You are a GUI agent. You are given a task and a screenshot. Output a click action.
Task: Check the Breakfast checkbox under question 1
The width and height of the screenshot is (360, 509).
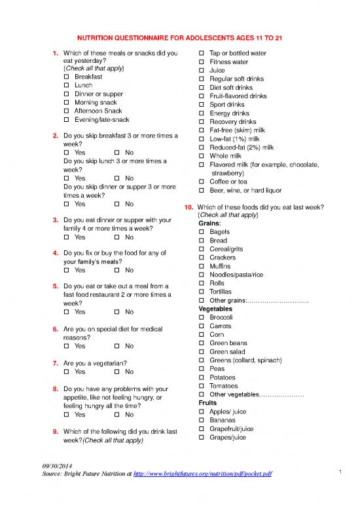(x=66, y=77)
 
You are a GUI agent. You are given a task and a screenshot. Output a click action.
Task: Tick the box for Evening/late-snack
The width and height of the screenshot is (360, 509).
(x=66, y=120)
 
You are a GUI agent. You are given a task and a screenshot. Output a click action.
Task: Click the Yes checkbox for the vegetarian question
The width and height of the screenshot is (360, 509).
(x=66, y=371)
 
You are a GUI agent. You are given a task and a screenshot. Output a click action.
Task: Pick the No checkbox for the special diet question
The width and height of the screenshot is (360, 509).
(x=117, y=346)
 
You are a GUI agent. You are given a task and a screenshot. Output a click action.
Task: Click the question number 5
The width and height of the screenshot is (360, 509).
(x=55, y=286)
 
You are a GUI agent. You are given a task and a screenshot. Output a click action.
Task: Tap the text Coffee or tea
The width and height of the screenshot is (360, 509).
(x=228, y=181)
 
